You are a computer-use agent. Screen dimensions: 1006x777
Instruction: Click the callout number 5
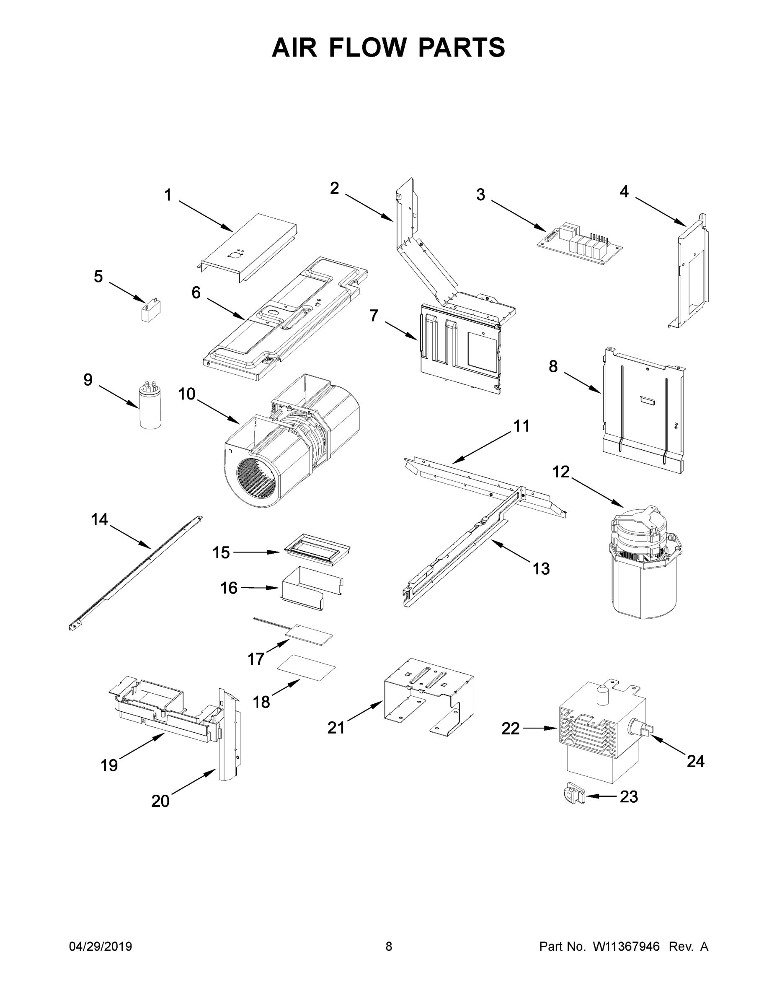pos(98,277)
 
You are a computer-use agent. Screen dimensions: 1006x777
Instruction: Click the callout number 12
pos(561,472)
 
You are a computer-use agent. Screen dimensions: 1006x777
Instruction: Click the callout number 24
pos(695,761)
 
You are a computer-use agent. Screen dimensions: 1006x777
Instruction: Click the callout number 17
pos(256,659)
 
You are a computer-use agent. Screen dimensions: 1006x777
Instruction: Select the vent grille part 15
pos(317,551)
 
